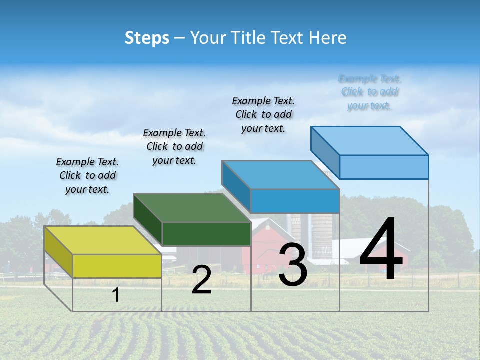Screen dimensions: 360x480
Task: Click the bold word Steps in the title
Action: [147, 38]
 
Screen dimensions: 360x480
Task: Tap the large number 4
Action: [381, 250]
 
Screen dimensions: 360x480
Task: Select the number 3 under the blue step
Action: [292, 265]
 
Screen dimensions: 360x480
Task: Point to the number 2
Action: [201, 280]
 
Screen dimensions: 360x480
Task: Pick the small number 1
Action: [116, 295]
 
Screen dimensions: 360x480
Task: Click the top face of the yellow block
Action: [102, 240]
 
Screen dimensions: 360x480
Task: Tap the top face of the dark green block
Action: [192, 207]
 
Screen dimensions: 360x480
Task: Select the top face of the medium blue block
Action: [280, 175]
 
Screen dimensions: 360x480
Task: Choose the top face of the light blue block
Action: [369, 140]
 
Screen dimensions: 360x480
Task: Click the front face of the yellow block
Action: [117, 266]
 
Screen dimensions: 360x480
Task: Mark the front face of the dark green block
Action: [206, 234]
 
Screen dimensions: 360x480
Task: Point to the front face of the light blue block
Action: [384, 167]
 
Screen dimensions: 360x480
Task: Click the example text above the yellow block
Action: [87, 175]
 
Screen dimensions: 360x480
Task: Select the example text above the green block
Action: [174, 146]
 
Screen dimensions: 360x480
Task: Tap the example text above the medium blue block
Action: [263, 114]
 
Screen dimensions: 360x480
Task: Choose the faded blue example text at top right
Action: [369, 92]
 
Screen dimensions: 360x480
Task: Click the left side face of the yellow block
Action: [58, 252]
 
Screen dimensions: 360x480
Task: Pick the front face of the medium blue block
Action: [295, 201]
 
